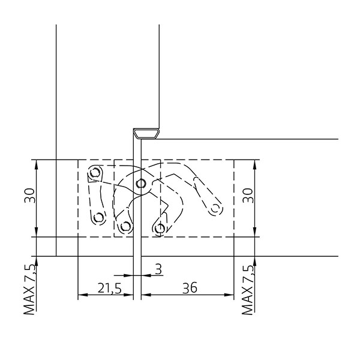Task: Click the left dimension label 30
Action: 30,196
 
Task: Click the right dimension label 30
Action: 248,196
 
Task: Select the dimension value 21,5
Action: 109,288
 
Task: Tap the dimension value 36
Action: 190,288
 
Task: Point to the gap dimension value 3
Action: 158,269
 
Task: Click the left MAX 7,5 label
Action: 30,289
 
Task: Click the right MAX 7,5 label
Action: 248,289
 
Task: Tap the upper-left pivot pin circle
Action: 95,172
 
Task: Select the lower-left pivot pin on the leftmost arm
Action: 99,217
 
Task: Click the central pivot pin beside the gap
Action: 140,184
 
